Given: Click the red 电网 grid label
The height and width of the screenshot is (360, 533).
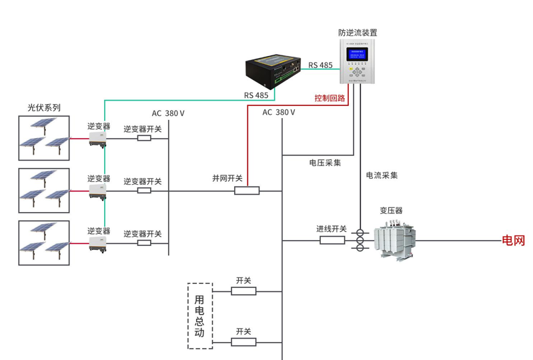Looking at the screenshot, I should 513,241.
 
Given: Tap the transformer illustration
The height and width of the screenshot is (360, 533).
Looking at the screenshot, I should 394,239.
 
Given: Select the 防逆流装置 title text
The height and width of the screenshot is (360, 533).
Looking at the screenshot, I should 358,32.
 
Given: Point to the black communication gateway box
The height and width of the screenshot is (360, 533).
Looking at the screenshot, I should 274,72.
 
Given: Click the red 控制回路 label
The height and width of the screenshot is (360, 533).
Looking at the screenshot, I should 330,98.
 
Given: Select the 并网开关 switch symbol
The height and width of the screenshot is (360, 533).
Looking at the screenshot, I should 247,191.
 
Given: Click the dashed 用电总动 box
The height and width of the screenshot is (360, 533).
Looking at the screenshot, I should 199,316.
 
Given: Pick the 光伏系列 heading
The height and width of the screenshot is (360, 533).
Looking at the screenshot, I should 44,107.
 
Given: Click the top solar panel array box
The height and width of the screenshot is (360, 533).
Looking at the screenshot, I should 44,138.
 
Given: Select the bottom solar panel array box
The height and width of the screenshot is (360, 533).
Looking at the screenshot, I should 44,243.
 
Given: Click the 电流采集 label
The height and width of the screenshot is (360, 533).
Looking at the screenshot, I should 382,175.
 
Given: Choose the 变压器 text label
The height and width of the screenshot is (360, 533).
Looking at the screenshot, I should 392,211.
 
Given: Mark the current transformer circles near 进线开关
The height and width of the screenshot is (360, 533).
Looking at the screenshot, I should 360,240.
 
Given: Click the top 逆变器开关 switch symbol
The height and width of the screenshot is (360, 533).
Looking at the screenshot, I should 144,139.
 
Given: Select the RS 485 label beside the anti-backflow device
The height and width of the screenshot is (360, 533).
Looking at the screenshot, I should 320,65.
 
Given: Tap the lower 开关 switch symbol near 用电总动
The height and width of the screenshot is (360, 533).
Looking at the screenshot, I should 243,342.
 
